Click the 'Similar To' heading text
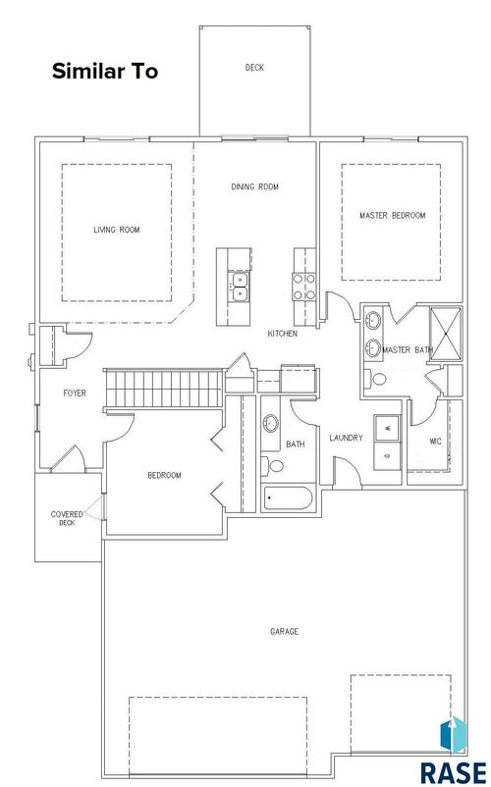[x=103, y=72]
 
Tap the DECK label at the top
[x=254, y=68]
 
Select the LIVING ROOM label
[x=117, y=231]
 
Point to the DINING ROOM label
[x=254, y=186]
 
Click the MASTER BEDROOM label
[x=392, y=215]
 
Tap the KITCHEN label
[x=282, y=334]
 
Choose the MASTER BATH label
[x=407, y=350]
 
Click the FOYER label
[x=75, y=393]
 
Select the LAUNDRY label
[x=348, y=438]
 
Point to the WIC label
[x=435, y=441]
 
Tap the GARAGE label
[x=284, y=631]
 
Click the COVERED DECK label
[x=67, y=518]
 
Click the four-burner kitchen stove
[x=302, y=286]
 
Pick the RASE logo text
[x=453, y=770]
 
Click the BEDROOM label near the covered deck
[x=164, y=476]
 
